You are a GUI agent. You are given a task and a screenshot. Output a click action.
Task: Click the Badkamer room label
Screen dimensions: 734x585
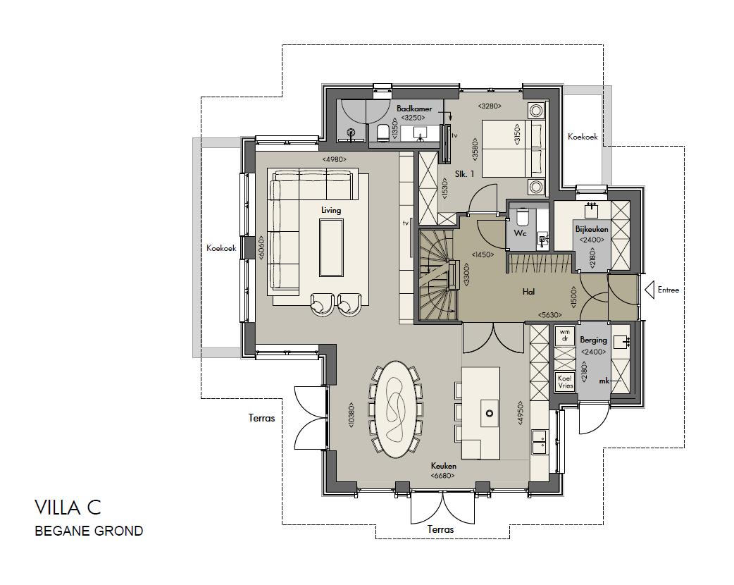[x=414, y=109]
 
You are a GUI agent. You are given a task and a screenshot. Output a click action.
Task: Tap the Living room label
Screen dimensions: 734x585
[x=331, y=210]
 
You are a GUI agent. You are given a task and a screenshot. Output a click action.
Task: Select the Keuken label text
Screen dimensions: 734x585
[x=443, y=466]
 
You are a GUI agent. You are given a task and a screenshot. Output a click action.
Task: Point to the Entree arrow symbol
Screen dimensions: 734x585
[x=649, y=290]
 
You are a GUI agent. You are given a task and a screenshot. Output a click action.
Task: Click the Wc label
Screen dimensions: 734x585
[x=520, y=233]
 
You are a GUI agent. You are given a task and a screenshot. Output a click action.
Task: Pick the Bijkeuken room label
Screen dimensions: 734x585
[x=592, y=229]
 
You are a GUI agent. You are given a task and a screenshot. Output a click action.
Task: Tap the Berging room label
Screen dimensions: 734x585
[x=593, y=340]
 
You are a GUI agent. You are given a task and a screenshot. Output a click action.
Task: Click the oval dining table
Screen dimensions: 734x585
[x=397, y=409]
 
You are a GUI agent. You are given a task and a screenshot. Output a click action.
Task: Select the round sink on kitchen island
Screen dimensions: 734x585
[x=490, y=414]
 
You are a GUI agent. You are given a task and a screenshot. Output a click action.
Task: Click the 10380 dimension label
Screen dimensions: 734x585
[x=351, y=414]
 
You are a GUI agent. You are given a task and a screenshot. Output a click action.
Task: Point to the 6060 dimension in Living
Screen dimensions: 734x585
[x=261, y=248]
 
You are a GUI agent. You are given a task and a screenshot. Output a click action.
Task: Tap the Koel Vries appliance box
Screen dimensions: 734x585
[x=565, y=382]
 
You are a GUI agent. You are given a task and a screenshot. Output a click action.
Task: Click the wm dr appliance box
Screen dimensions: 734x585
[x=565, y=335]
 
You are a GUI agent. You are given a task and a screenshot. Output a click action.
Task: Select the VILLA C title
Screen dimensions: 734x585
[x=68, y=507]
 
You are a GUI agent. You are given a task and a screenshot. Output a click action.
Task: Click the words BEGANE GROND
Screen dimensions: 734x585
[x=89, y=531]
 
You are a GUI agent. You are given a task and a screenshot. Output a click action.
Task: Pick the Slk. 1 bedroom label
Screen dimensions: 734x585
[x=464, y=174]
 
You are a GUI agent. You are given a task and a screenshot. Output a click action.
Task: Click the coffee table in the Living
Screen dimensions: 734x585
[x=331, y=247]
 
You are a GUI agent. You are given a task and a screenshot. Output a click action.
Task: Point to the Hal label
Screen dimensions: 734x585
[x=528, y=292]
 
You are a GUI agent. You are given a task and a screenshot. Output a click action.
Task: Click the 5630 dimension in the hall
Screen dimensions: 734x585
[x=550, y=315]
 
